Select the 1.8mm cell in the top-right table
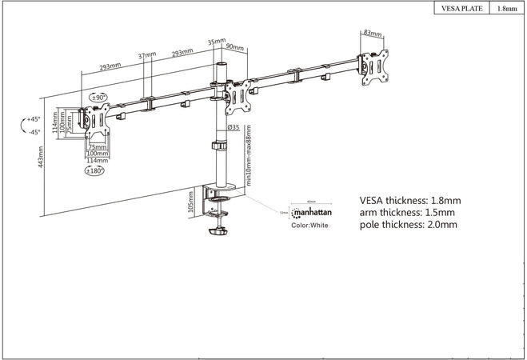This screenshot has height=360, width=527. click(x=506, y=9)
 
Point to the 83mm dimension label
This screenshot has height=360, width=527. click(x=372, y=33)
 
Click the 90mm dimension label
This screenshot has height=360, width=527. click(x=236, y=48)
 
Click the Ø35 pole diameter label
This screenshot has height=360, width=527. click(x=234, y=126)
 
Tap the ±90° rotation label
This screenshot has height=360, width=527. click(x=99, y=98)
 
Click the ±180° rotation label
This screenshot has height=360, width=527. click(x=96, y=170)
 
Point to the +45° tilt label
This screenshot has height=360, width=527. click(x=32, y=119)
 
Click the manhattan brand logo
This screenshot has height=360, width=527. click(x=313, y=213)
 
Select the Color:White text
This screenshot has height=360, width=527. click(x=309, y=226)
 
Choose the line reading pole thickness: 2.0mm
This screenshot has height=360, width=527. click(x=409, y=226)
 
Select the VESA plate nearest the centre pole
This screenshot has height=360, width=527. click(x=237, y=96)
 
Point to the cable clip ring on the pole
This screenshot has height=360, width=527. click(x=218, y=146)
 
